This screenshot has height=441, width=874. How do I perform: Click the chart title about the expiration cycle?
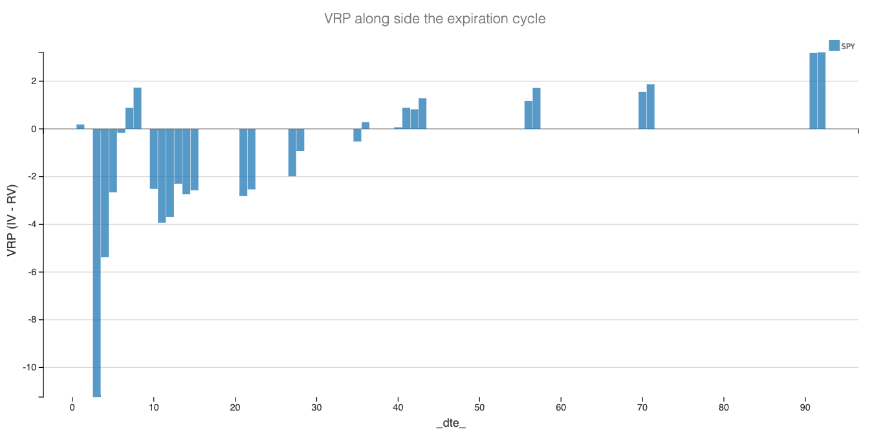coord(435,19)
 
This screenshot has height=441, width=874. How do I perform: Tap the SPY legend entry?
coord(841,46)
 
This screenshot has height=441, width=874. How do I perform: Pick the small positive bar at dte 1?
coord(80,127)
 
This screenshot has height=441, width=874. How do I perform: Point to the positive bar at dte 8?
coord(137,108)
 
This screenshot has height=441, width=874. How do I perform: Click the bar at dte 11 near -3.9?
coord(162,175)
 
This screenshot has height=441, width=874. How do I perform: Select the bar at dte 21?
coord(243,162)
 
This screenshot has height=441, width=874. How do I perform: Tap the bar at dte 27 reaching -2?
coord(292,152)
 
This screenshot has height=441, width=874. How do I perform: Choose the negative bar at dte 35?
coord(357,135)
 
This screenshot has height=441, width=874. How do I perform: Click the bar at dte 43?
coord(422,113)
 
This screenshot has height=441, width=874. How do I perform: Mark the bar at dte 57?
coord(536,108)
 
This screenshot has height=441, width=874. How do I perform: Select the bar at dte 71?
coord(650,107)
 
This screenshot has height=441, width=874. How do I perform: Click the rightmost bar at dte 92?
coord(822,91)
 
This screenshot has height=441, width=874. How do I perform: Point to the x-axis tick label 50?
coord(479,408)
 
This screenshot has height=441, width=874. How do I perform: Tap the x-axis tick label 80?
coord(723,408)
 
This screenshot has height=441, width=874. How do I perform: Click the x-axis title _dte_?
coord(451,424)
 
